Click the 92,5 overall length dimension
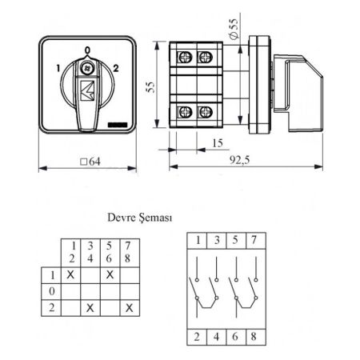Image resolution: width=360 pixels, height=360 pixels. click(x=239, y=160)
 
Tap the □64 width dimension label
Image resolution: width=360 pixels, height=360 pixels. click(x=90, y=162)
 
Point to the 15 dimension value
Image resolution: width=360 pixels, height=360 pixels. click(x=218, y=143)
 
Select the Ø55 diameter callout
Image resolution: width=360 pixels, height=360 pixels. click(x=234, y=29)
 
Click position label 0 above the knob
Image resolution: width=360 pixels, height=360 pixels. click(x=87, y=50)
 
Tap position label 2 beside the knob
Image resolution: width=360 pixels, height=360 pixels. click(x=115, y=68)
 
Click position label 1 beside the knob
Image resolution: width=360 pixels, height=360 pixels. click(x=58, y=68)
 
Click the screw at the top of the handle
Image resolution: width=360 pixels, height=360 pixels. click(x=87, y=68)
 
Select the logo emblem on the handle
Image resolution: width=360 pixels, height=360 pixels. click(x=87, y=90)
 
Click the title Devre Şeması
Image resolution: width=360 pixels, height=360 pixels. click(x=140, y=218)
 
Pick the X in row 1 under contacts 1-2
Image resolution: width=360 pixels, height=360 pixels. click(x=70, y=274)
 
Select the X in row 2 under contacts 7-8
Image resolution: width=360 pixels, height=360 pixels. click(x=130, y=308)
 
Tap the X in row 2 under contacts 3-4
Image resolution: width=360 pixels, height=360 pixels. click(x=90, y=308)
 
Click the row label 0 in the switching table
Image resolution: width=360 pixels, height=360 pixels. click(x=52, y=291)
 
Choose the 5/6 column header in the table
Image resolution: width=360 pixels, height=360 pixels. click(x=110, y=252)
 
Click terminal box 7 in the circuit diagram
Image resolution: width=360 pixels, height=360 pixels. click(x=256, y=241)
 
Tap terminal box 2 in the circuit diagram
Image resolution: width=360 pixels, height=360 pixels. click(x=197, y=337)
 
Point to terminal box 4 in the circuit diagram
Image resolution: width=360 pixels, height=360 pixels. click(x=217, y=337)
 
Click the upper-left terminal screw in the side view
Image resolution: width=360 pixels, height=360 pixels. click(x=185, y=57)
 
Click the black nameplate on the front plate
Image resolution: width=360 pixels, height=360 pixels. click(x=118, y=125)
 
